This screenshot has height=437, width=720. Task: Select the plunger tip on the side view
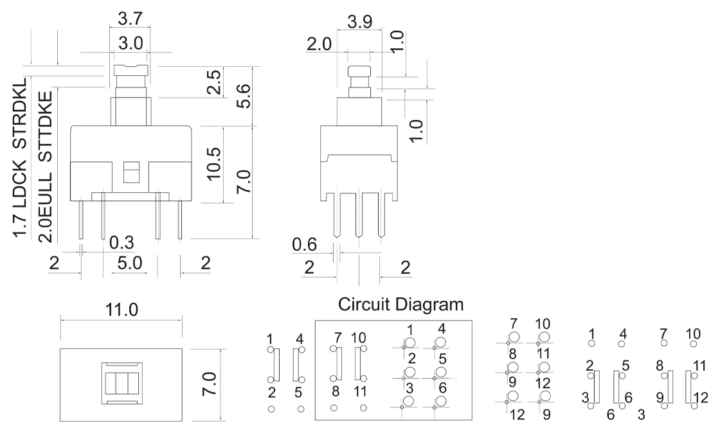360,71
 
